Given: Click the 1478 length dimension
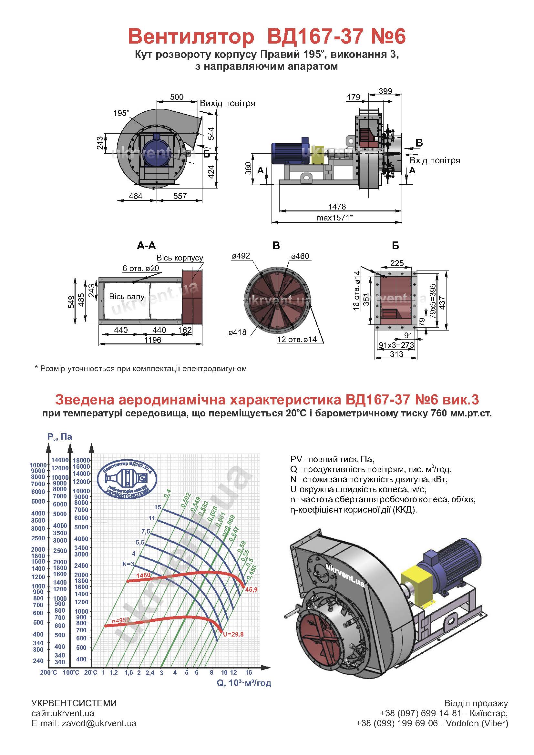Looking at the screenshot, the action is [337, 207].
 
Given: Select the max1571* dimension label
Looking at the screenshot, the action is [335, 217].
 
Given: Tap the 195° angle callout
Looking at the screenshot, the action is [121, 113].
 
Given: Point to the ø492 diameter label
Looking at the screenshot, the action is [241, 256].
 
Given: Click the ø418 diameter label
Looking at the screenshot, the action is [237, 332].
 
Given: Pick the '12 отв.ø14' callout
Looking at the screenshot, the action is [297, 340].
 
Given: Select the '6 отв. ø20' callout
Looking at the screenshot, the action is [141, 268].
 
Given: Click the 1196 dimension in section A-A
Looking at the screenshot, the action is [153, 340].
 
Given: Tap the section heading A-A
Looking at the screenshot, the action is [146, 246].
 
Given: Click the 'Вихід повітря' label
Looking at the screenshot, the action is [228, 103].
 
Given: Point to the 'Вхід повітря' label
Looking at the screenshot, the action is [435, 160].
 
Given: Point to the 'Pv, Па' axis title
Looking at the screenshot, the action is [59, 437].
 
